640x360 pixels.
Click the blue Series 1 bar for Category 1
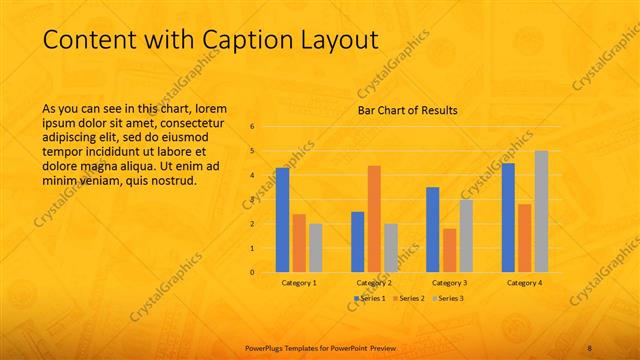coord(282,220)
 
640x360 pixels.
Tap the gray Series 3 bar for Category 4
coord(541,212)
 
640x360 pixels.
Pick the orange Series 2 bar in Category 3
coord(449,250)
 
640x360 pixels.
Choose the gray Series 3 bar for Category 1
coord(316,248)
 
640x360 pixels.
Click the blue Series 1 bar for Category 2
coord(358,242)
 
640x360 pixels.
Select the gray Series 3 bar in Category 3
coord(466,236)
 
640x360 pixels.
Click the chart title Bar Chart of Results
coord(408,111)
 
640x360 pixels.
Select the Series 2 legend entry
coord(408,298)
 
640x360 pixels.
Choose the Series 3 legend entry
coord(448,298)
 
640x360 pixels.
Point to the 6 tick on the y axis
coord(252,127)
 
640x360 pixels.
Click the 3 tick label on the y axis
coord(252,200)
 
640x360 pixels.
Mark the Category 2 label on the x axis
coord(374,283)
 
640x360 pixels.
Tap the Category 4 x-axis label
coord(524,283)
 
